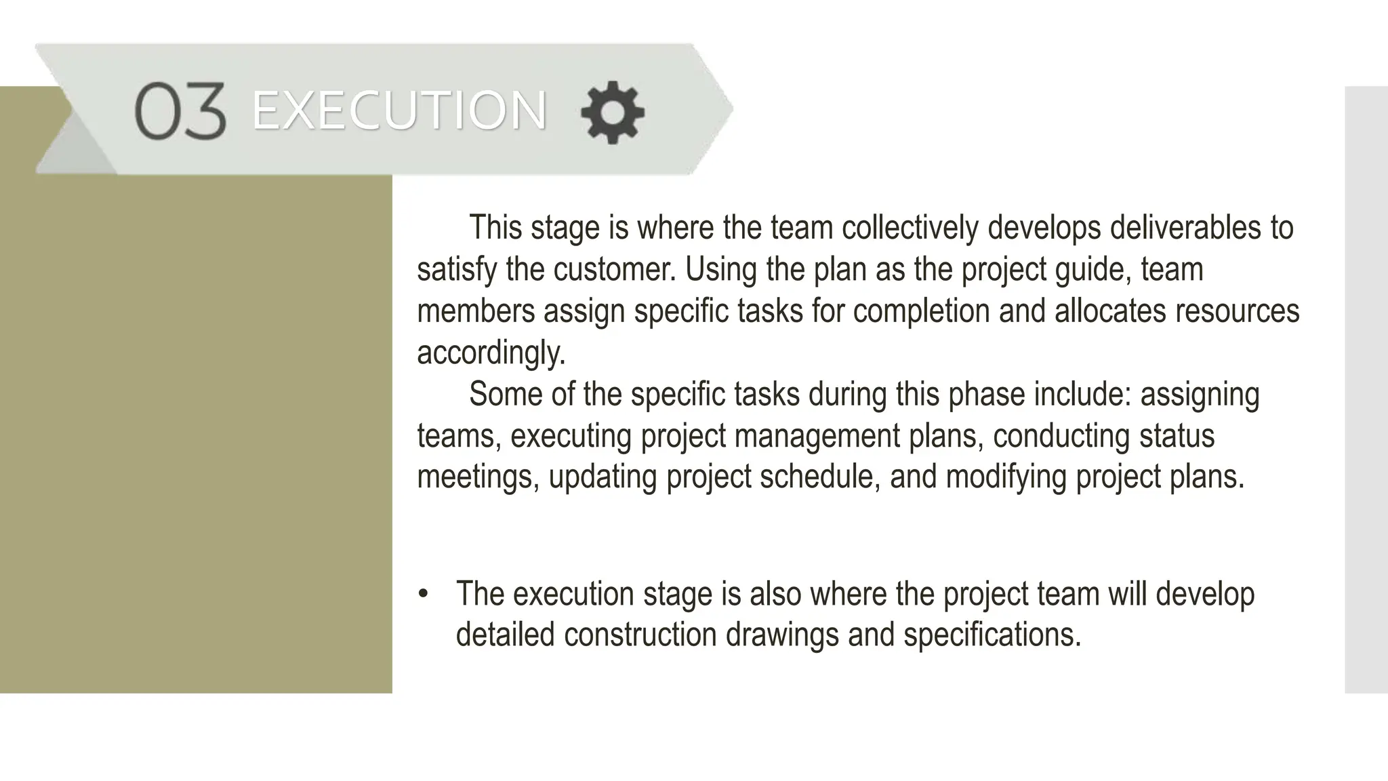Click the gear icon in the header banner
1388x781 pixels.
[613, 112]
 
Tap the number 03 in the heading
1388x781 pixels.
[180, 111]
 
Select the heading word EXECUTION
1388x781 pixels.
[399, 111]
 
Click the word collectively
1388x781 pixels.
[910, 228]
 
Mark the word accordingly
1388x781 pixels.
[491, 353]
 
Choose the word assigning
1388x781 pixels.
[1200, 395]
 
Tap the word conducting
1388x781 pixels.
[1061, 436]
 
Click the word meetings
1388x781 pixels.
[478, 477]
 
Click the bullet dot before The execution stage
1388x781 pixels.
[424, 595]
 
